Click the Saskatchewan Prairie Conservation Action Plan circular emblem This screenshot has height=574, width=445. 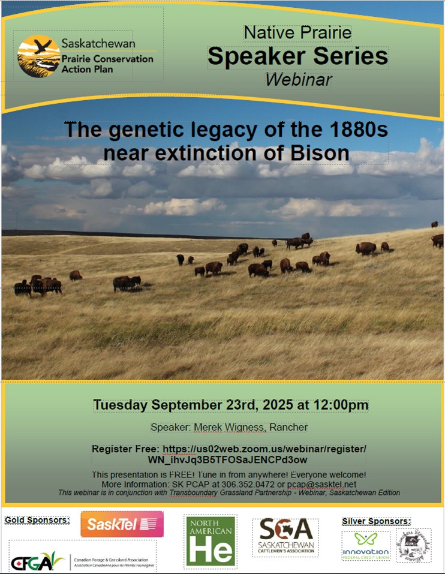tap(38, 56)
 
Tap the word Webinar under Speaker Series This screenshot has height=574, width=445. tap(297, 79)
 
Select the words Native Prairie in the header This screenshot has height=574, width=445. tap(297, 32)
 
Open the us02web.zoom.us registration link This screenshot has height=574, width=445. tap(264, 449)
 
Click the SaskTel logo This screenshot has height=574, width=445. tap(122, 524)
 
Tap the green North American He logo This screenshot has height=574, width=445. tap(210, 541)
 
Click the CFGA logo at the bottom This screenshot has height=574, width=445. tap(37, 562)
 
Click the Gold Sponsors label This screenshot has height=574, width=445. tap(37, 519)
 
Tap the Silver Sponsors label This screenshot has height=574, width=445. tap(376, 521)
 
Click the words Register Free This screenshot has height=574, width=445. tap(125, 449)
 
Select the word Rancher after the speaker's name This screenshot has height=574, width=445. tap(288, 427)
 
